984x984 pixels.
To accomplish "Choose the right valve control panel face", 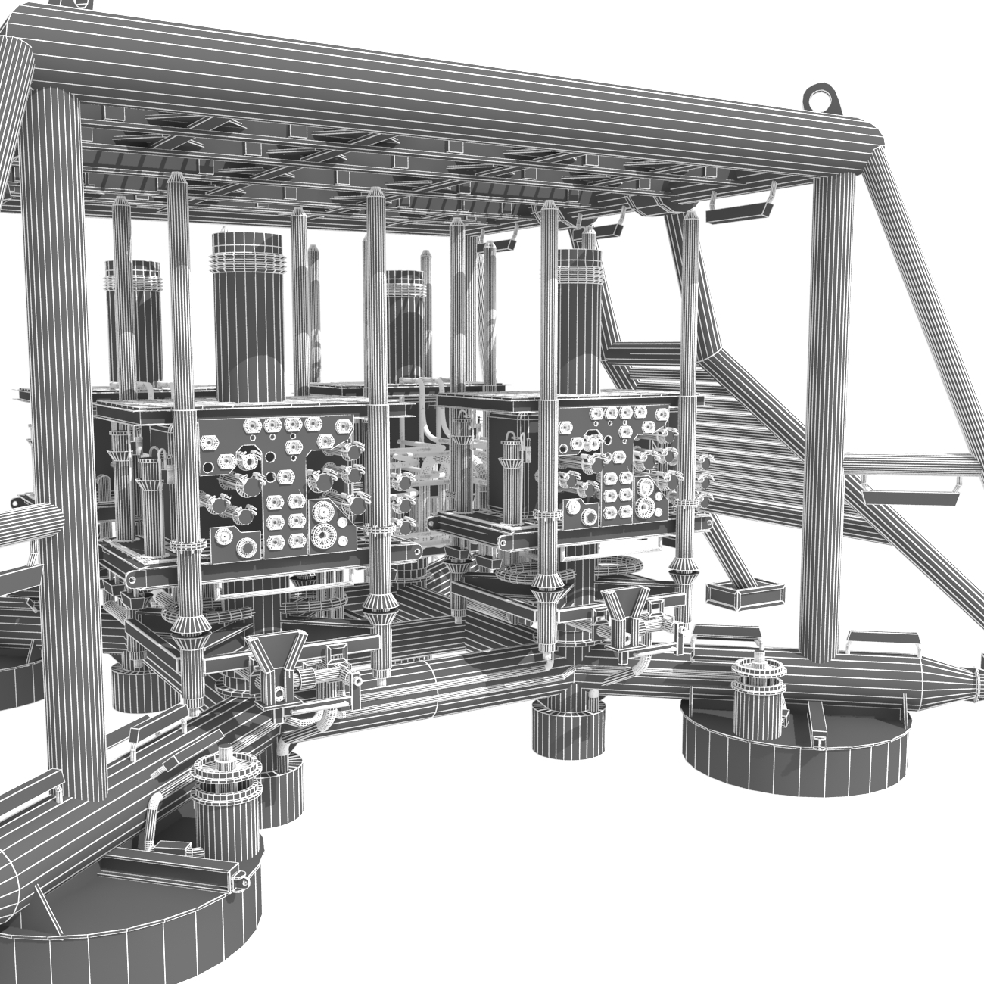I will click(x=613, y=466).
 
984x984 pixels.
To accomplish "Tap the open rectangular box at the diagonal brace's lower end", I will click(x=746, y=594).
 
